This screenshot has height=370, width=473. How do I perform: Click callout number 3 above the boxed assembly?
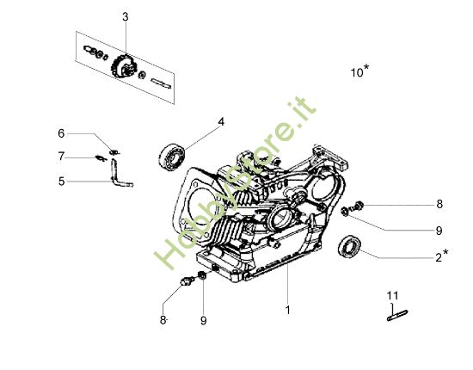point(125,17)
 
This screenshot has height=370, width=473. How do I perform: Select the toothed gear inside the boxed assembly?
point(122,67)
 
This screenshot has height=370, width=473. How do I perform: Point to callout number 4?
point(221,122)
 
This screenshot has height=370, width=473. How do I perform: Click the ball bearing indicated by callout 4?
point(170,156)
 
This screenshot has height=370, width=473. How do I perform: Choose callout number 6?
point(61,133)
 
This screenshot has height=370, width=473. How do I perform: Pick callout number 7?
point(61,157)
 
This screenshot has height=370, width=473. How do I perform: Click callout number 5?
point(61,182)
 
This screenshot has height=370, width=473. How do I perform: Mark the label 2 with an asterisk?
point(439,256)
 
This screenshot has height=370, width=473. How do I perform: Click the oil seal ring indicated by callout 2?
point(351,247)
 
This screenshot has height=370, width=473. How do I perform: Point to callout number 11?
point(393,296)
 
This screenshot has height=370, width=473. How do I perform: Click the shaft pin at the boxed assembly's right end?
point(163,83)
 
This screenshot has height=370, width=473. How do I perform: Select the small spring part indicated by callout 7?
point(101,157)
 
